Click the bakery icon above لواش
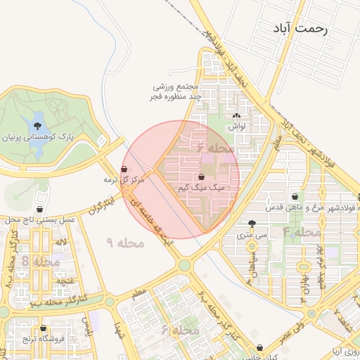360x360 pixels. coord(236,116)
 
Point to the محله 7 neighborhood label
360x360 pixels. coord(219,149)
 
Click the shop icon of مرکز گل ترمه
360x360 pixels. coord(124,169)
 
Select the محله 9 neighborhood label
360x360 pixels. coord(125,243)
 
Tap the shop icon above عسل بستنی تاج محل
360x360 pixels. coord(41,209)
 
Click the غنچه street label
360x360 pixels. coord(65,280)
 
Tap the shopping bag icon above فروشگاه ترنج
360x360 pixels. coord(43,328)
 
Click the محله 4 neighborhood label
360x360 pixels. coord(302,231)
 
